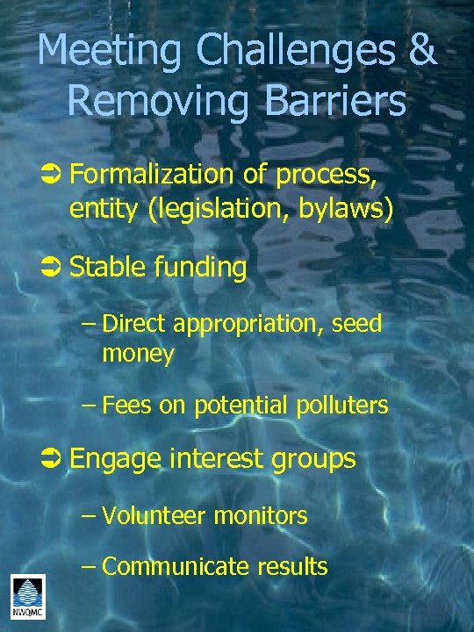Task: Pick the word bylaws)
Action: point(350,211)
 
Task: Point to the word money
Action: point(139,354)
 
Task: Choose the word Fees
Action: point(126,405)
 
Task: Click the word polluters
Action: point(341,405)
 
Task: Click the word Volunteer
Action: point(154,515)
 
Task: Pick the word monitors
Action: point(261,516)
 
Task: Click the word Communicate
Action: point(176,566)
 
